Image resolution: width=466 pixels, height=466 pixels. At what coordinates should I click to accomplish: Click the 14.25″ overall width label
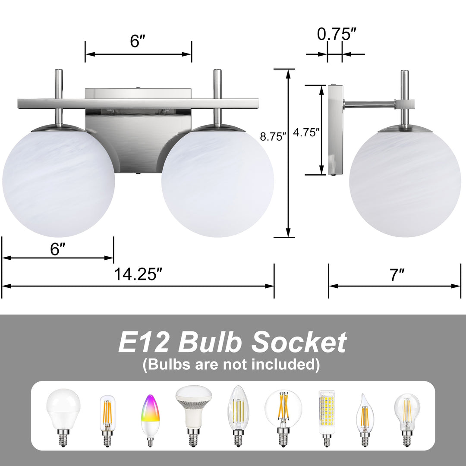pyautogui.click(x=138, y=274)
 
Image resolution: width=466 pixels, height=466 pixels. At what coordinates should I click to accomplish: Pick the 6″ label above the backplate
pyautogui.click(x=138, y=41)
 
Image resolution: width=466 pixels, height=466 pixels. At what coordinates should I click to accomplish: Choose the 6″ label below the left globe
pyautogui.click(x=57, y=249)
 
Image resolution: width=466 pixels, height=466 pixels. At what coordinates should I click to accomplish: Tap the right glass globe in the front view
pyautogui.click(x=217, y=180)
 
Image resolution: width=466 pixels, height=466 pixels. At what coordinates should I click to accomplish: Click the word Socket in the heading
pyautogui.click(x=299, y=343)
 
